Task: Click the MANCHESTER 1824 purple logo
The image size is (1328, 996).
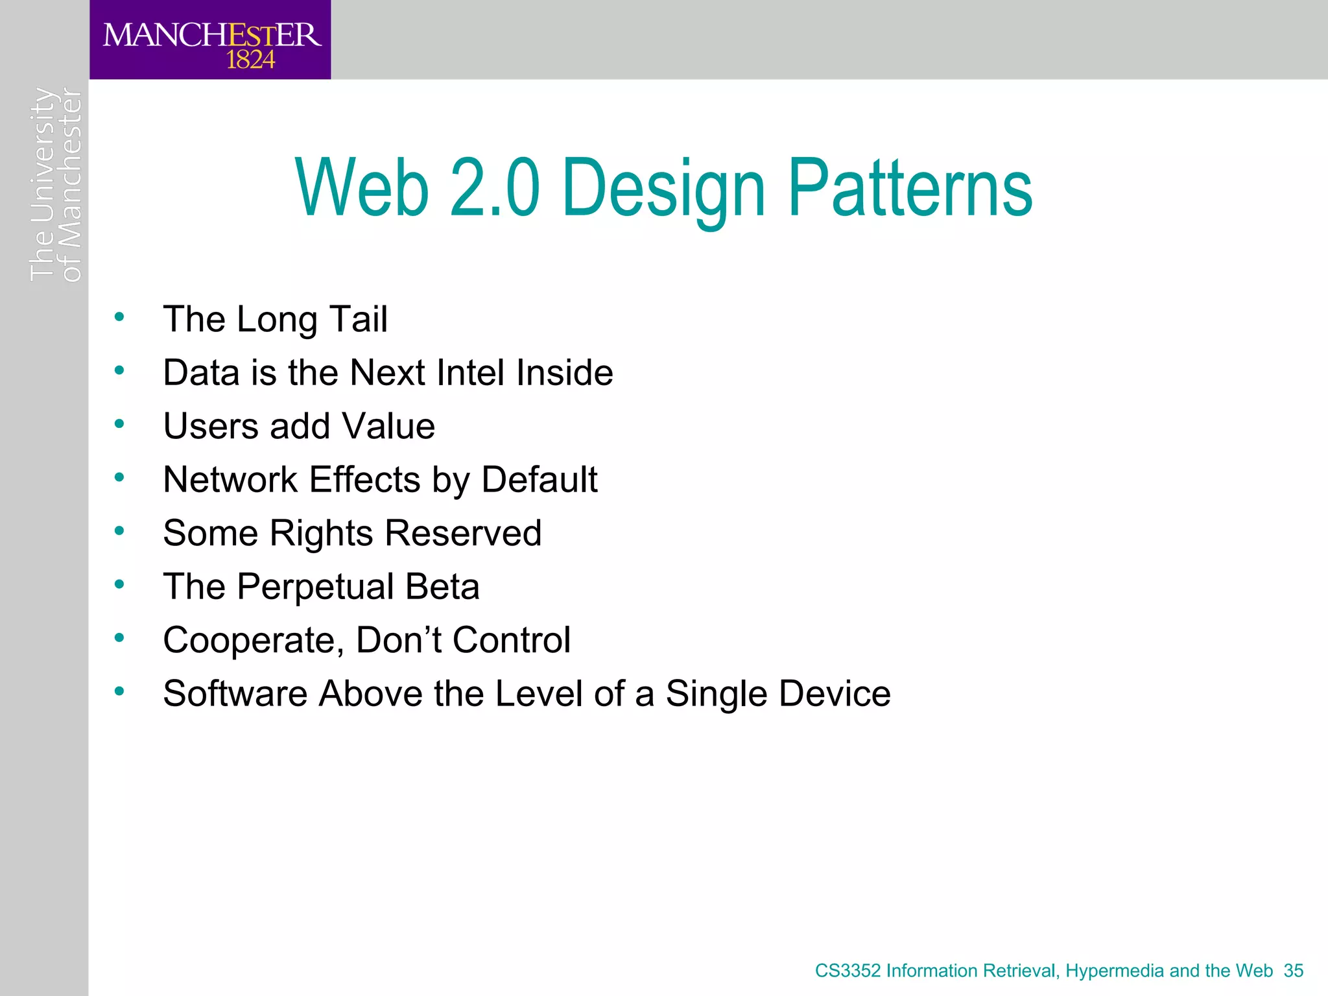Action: (x=210, y=40)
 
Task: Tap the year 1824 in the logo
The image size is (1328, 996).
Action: (x=250, y=60)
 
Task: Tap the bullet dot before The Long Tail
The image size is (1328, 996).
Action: (x=119, y=317)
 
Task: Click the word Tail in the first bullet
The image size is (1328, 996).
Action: (x=359, y=319)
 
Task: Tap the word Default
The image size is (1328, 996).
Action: (x=539, y=480)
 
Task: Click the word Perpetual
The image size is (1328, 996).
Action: (x=315, y=587)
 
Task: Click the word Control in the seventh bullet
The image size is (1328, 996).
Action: (x=511, y=641)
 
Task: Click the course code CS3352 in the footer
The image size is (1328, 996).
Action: (x=848, y=971)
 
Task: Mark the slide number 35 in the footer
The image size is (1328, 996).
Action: (x=1293, y=971)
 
